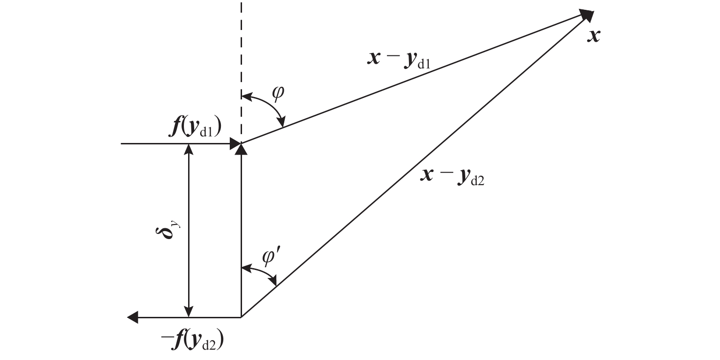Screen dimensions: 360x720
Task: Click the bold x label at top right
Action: point(594,36)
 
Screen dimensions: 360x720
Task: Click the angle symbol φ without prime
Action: point(278,93)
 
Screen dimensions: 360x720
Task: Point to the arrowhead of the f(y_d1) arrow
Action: point(235,143)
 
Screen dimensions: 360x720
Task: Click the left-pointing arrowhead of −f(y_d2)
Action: point(133,318)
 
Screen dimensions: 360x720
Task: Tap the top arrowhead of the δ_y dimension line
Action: point(189,149)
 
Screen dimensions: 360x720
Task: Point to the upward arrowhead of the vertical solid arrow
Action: point(241,150)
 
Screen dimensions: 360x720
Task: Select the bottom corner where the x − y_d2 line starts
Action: point(241,317)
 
